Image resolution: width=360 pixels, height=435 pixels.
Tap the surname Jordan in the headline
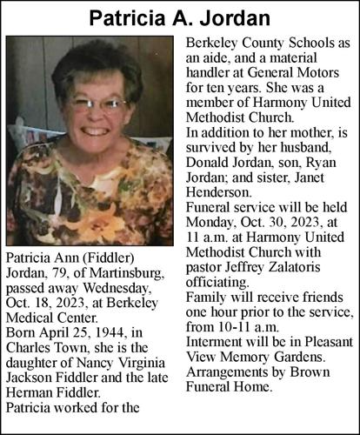point(230,17)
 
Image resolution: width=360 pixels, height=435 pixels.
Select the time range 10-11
point(237,325)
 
